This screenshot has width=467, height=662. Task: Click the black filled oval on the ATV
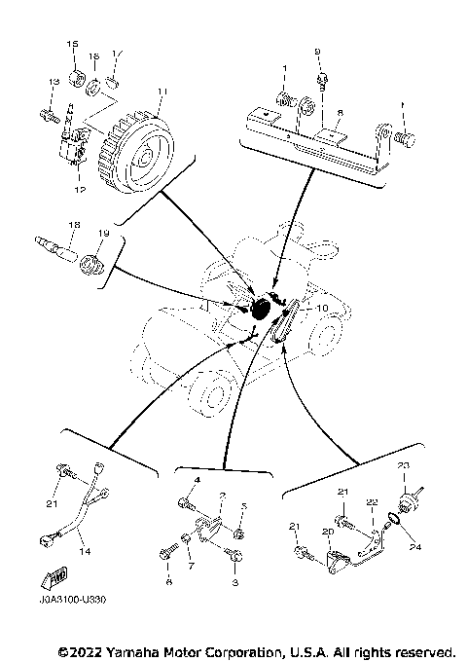pos(263,311)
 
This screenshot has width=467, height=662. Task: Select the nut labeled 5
pos(239,533)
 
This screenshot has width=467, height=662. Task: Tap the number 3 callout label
pos(235,581)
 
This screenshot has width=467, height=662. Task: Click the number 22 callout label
pos(371,502)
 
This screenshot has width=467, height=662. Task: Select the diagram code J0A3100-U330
pos(69,601)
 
